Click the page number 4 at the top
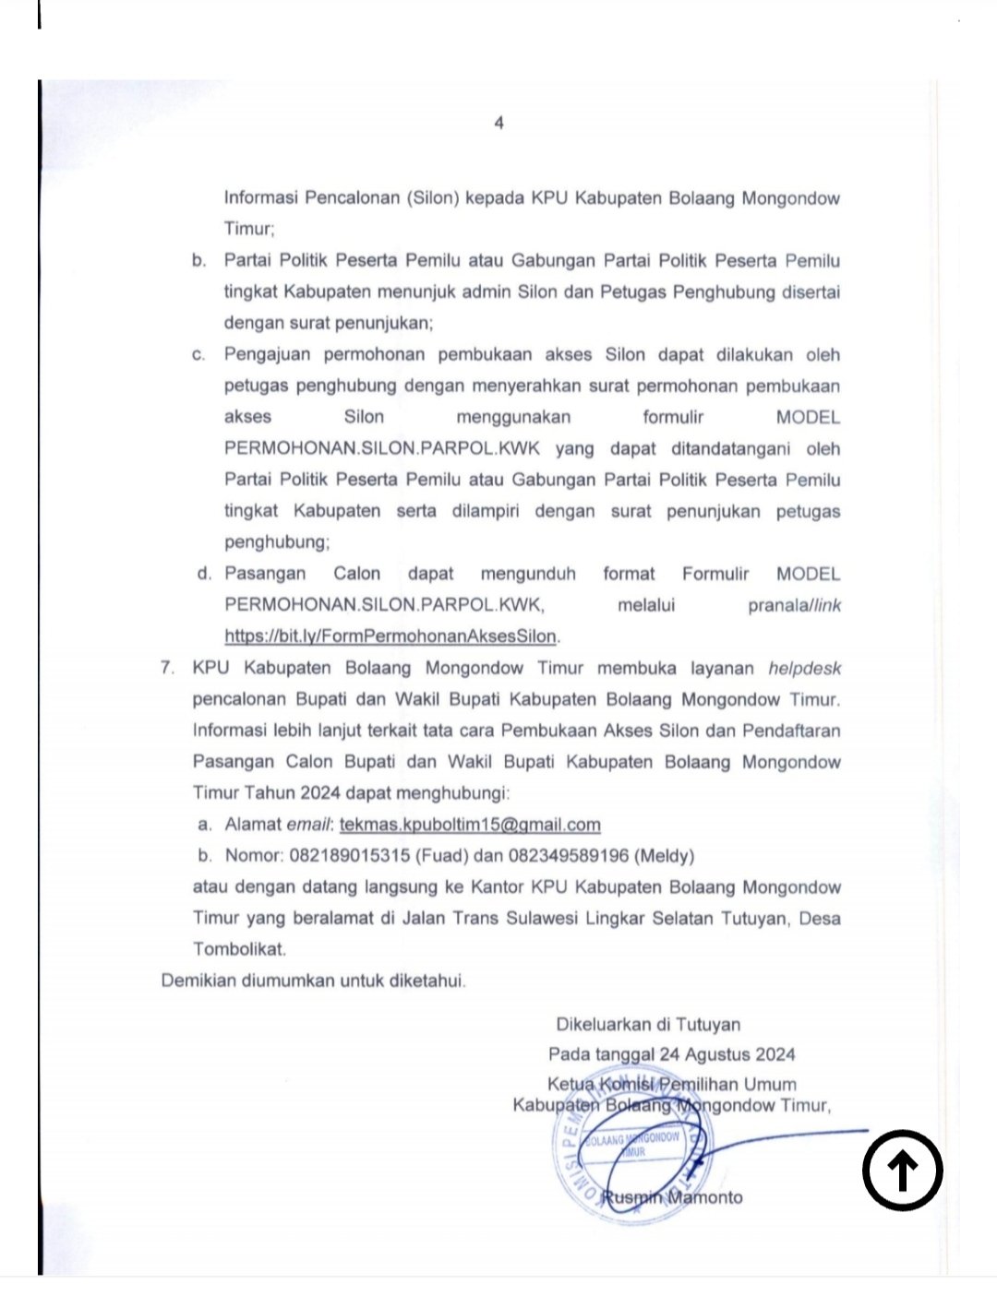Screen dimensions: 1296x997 498,123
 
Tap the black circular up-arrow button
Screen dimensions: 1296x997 902,1170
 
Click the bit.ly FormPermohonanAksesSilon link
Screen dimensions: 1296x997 391,636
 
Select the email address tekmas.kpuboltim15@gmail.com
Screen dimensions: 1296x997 470,825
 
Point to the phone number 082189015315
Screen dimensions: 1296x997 350,856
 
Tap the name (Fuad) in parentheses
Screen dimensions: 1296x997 442,856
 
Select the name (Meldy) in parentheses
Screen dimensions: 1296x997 665,856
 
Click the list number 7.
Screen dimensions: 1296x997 167,668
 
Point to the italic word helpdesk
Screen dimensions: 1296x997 804,668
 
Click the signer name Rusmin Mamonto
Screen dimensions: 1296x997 672,1197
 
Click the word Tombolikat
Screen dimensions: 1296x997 239,948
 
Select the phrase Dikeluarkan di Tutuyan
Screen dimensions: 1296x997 648,1024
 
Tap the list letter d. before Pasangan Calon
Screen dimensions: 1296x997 204,574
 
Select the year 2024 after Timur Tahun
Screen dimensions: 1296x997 320,793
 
